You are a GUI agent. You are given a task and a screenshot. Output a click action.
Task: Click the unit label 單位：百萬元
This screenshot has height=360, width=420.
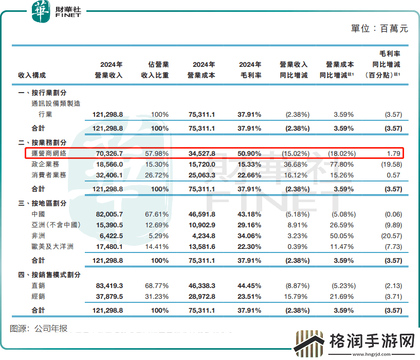(x=379, y=29)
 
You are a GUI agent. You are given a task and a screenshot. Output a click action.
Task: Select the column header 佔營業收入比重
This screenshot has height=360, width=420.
(x=155, y=70)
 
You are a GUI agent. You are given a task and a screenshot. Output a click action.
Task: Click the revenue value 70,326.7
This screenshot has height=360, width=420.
(x=107, y=153)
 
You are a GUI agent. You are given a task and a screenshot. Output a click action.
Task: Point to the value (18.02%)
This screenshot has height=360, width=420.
(x=341, y=153)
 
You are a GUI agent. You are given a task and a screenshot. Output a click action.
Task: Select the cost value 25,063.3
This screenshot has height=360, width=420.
(x=201, y=174)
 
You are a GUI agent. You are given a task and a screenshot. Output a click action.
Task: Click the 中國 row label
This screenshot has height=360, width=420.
(x=39, y=214)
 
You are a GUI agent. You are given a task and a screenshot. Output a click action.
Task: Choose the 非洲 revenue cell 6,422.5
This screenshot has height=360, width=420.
(x=110, y=236)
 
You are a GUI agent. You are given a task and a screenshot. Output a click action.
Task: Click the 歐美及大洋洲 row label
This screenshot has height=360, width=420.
(x=52, y=246)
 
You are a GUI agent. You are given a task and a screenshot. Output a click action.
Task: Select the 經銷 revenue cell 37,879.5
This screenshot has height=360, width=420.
(x=107, y=296)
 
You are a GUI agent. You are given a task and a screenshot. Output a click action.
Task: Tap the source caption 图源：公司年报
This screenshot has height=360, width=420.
(x=39, y=328)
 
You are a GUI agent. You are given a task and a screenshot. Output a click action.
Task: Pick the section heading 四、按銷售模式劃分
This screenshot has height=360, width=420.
(x=49, y=275)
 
